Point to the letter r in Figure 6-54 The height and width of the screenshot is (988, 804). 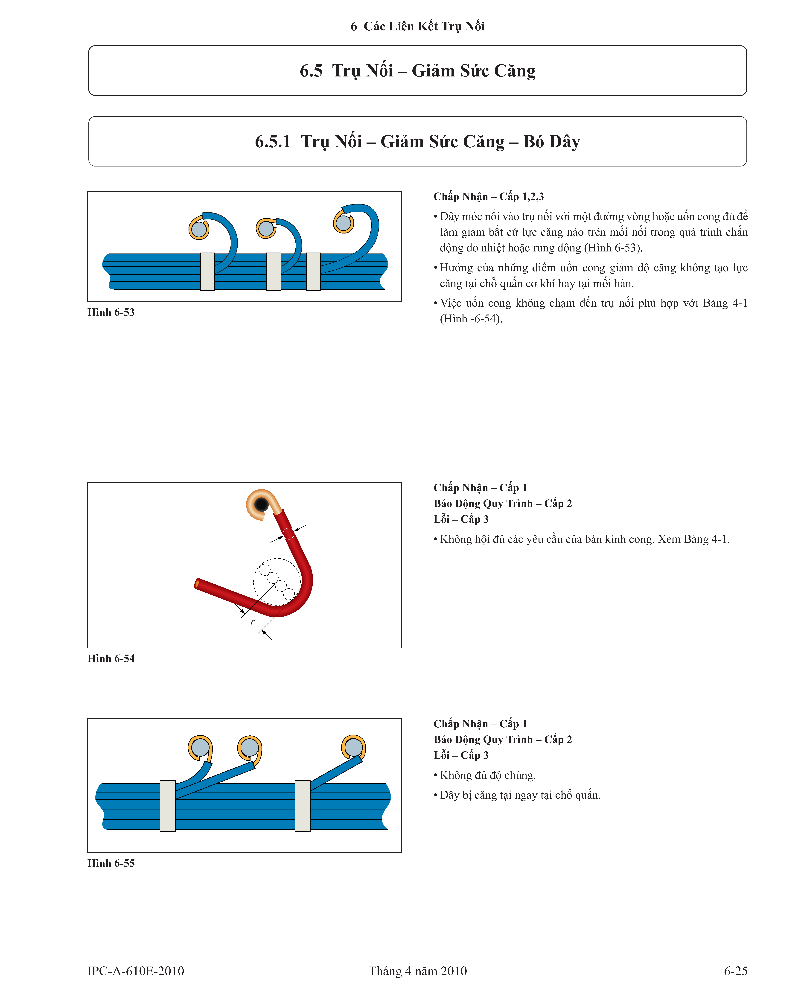pos(252,622)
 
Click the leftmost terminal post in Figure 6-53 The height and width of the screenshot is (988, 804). pos(199,229)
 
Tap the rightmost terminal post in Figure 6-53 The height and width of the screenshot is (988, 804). pos(343,223)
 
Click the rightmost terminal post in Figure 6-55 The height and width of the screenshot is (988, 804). pos(353,747)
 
